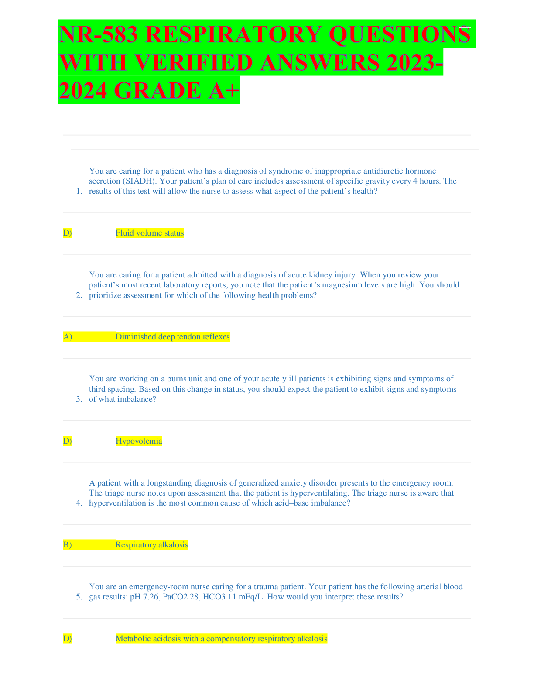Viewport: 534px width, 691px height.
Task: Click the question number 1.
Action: point(79,191)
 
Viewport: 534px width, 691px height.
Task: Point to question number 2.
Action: point(79,295)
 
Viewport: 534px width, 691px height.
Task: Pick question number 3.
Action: point(79,399)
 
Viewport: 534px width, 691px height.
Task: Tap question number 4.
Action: point(79,503)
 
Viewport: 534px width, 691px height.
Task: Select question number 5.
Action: point(79,597)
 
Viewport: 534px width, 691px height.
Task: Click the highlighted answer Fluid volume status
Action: point(150,233)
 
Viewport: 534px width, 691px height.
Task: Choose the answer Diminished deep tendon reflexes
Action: point(172,337)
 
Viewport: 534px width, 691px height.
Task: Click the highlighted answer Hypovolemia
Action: point(139,441)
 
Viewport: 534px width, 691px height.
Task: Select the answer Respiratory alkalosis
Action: point(152,545)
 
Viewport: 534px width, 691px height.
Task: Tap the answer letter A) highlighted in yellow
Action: point(68,337)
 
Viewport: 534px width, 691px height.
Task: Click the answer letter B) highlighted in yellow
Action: point(68,545)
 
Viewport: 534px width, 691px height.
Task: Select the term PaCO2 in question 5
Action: point(175,597)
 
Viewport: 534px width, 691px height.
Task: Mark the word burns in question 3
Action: point(177,379)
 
